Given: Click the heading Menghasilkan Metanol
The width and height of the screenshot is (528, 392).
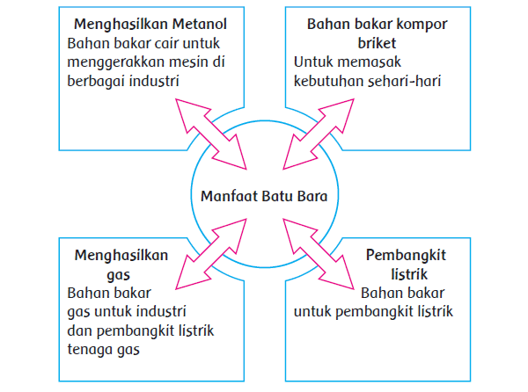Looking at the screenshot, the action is point(138,23).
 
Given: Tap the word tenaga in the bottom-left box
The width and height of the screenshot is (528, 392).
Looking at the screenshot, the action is point(89,348).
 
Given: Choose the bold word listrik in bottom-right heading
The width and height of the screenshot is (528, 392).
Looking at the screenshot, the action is point(406,273).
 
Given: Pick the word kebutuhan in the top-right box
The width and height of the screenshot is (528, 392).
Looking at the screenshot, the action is point(327,81).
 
